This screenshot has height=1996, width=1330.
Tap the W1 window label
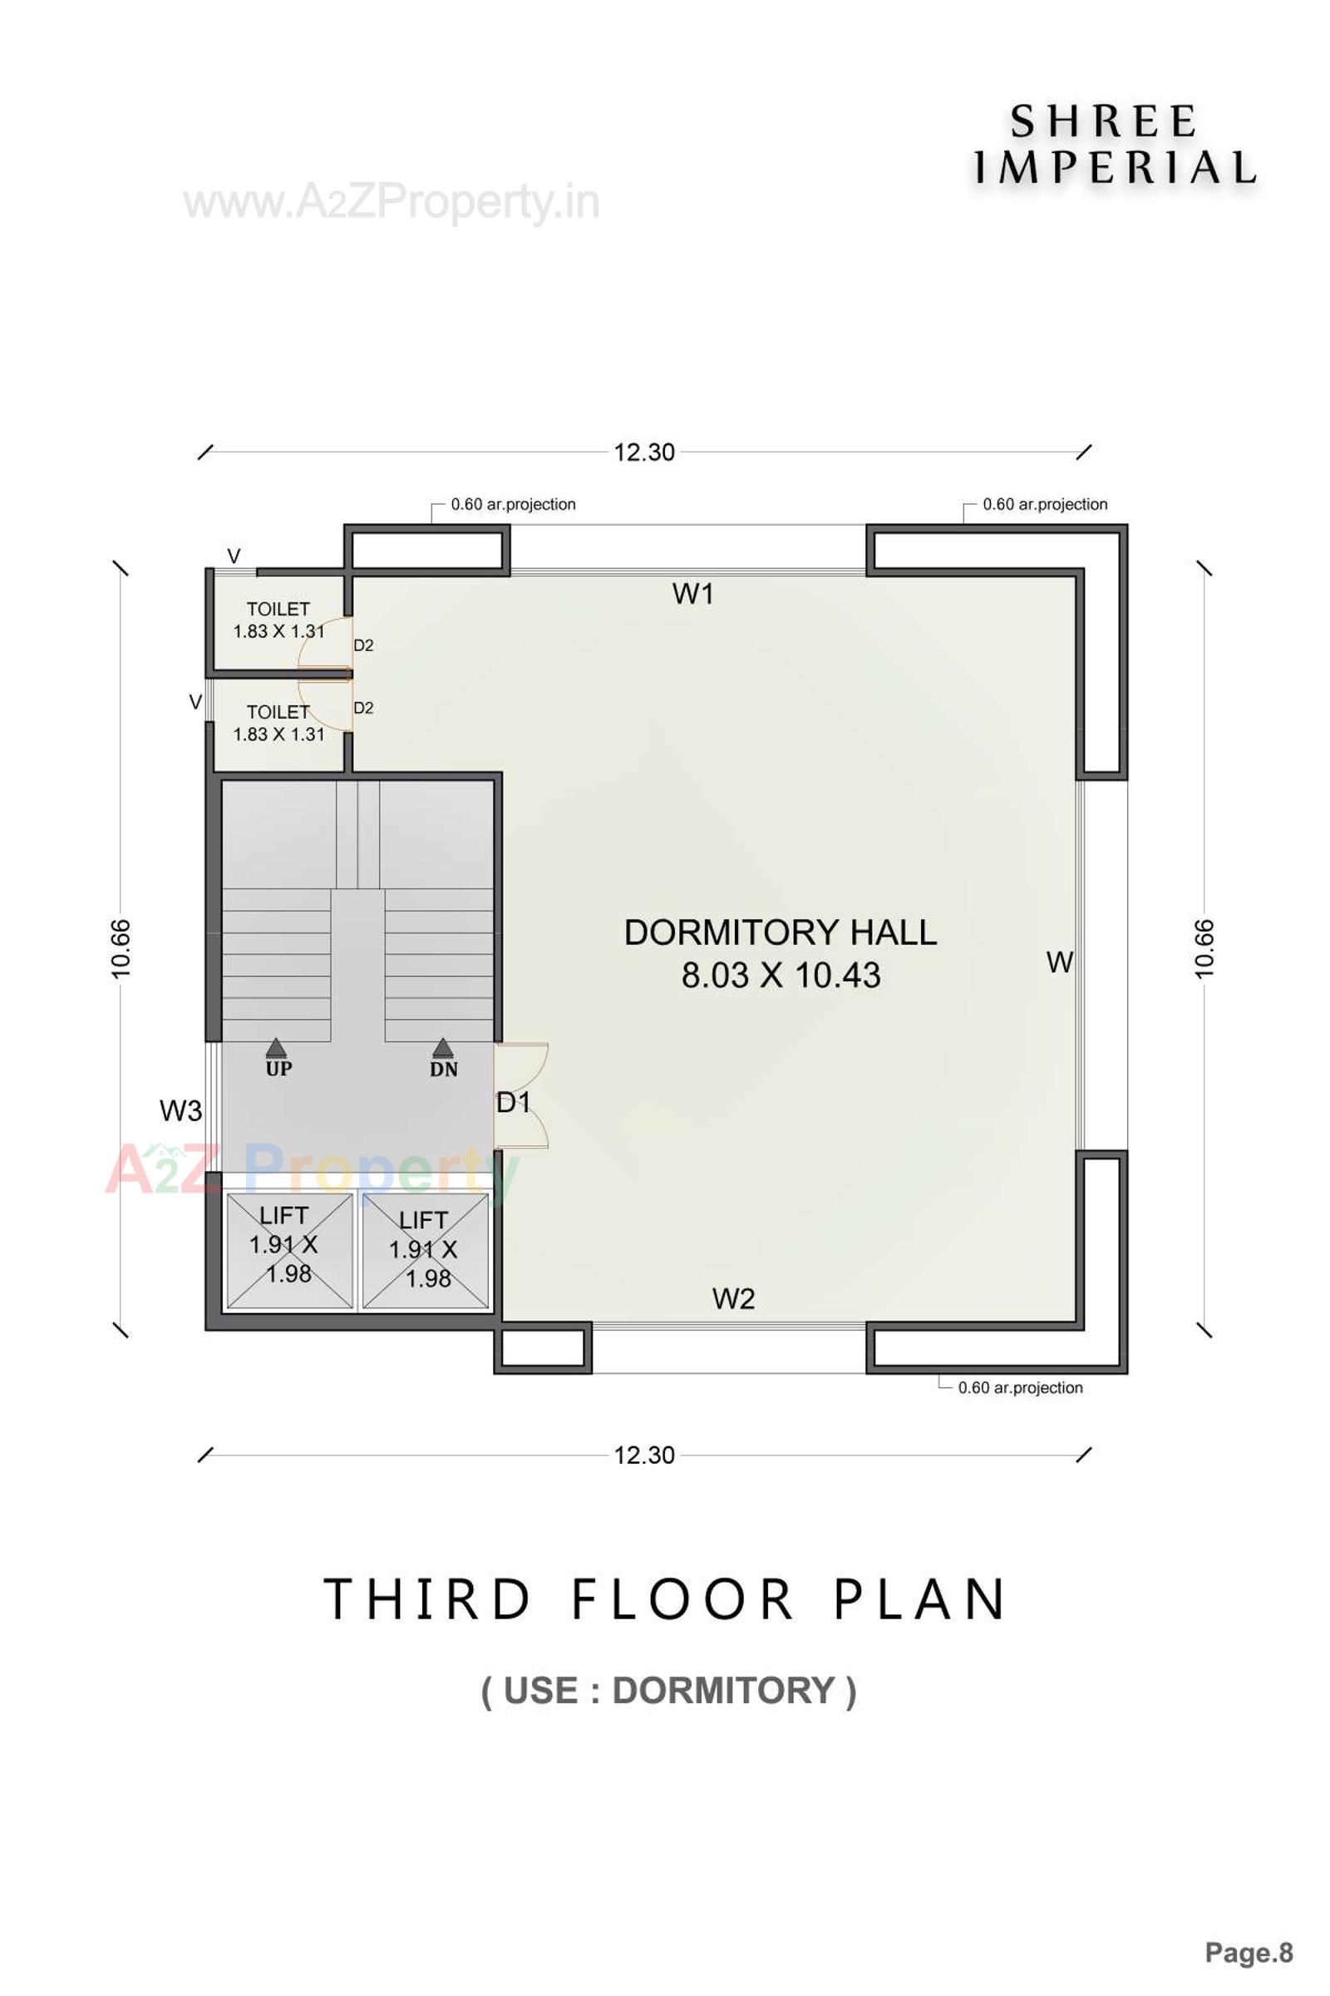pos(693,594)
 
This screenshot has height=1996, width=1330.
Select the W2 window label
pos(733,1298)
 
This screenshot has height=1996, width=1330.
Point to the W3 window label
pos(180,1111)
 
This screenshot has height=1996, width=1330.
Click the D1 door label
pos(513,1104)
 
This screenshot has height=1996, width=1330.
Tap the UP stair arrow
pos(277,1050)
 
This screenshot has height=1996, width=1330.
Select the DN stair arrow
pos(443,1050)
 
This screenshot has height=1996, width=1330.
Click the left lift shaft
pos(288,1251)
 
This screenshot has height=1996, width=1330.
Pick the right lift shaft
pos(426,1251)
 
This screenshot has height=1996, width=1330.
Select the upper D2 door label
pos(363,646)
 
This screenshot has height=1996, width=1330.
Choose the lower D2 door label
pos(363,708)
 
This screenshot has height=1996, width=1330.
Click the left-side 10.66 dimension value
pos(121,949)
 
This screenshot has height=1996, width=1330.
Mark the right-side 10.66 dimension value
pos(1204,949)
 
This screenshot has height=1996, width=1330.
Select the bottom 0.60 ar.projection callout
pos(1020,1387)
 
